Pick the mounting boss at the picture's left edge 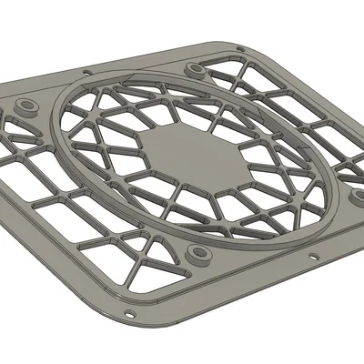click(x=25, y=107)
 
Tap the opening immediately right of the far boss click(x=223, y=73)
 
